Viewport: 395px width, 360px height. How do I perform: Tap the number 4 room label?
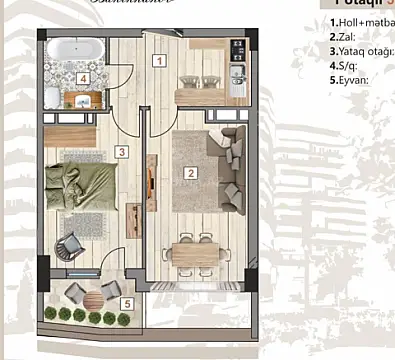tap(84, 78)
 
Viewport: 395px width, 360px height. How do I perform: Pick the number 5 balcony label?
tap(125, 304)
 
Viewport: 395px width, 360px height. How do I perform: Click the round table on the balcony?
tap(87, 297)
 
